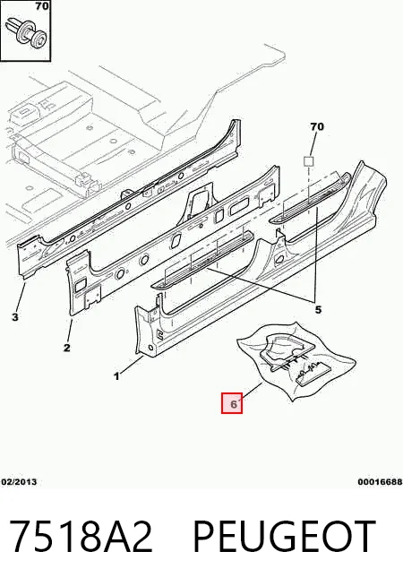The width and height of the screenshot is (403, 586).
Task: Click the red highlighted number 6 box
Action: [232, 403]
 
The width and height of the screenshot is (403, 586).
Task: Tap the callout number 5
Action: [318, 310]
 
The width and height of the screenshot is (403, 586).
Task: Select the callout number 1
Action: [117, 376]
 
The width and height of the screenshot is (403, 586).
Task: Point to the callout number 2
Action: [67, 348]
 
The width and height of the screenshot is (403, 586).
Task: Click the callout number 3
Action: [15, 317]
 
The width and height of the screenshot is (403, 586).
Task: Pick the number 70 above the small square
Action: [317, 126]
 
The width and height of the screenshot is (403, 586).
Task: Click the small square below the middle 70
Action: [308, 161]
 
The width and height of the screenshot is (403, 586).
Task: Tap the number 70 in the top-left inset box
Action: [42, 6]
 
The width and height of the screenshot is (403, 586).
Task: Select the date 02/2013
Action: [19, 482]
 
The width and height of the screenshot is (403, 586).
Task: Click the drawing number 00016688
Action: [381, 482]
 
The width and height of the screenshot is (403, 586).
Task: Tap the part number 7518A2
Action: [81, 537]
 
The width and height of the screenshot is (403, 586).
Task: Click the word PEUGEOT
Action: [284, 537]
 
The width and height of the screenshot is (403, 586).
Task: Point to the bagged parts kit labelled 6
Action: [296, 360]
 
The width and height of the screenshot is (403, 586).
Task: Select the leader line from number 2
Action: [70, 329]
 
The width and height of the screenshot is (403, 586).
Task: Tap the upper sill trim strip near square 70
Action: [310, 199]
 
